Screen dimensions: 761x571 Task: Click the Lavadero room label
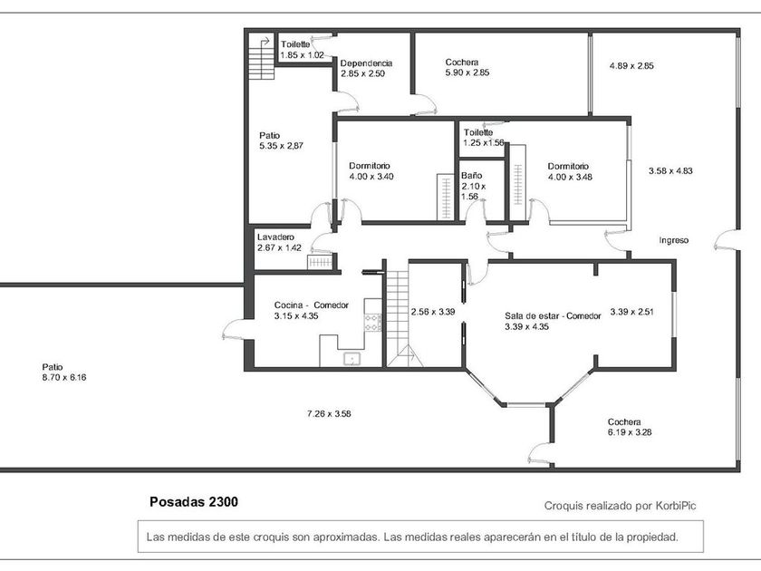pyautogui.click(x=275, y=237)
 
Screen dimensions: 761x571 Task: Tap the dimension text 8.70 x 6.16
pyautogui.click(x=64, y=377)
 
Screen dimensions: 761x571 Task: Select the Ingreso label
pyautogui.click(x=674, y=240)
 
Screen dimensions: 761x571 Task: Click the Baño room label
pyautogui.click(x=472, y=175)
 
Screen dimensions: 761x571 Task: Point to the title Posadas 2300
pyautogui.click(x=194, y=501)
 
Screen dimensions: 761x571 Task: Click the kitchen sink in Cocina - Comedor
pyautogui.click(x=352, y=359)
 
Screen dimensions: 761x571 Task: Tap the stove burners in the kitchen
pyautogui.click(x=372, y=323)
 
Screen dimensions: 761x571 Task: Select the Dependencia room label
pyautogui.click(x=366, y=63)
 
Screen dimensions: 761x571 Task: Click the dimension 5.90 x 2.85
pyautogui.click(x=467, y=73)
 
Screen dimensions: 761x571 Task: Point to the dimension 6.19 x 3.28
pyautogui.click(x=630, y=432)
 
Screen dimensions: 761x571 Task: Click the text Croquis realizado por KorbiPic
pyautogui.click(x=621, y=506)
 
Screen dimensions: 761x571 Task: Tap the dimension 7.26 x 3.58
pyautogui.click(x=329, y=413)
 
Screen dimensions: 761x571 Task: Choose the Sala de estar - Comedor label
pyautogui.click(x=553, y=316)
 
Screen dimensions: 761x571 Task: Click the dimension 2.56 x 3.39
pyautogui.click(x=433, y=312)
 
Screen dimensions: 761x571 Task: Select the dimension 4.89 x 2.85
pyautogui.click(x=631, y=66)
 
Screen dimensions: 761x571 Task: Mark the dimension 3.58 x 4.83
pyautogui.click(x=670, y=171)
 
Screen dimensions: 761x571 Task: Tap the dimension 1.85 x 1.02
pyautogui.click(x=302, y=55)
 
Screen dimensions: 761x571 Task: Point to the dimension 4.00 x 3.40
pyautogui.click(x=371, y=177)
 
